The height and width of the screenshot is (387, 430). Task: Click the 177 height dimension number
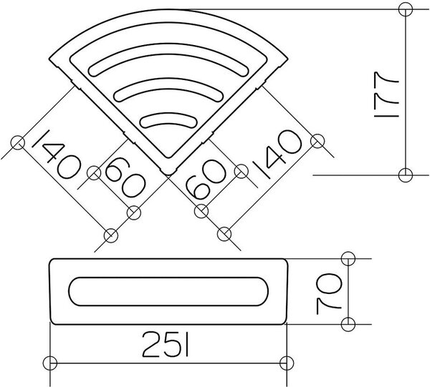click(x=386, y=94)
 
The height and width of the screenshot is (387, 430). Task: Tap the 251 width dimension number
click(x=166, y=344)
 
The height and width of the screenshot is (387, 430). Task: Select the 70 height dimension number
click(x=329, y=294)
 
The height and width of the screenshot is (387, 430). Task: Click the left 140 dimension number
click(x=56, y=154)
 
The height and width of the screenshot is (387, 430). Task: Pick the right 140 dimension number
click(x=277, y=154)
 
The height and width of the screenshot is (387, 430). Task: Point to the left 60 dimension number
click(x=125, y=178)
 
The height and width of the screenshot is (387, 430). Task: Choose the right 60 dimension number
click(x=206, y=179)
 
